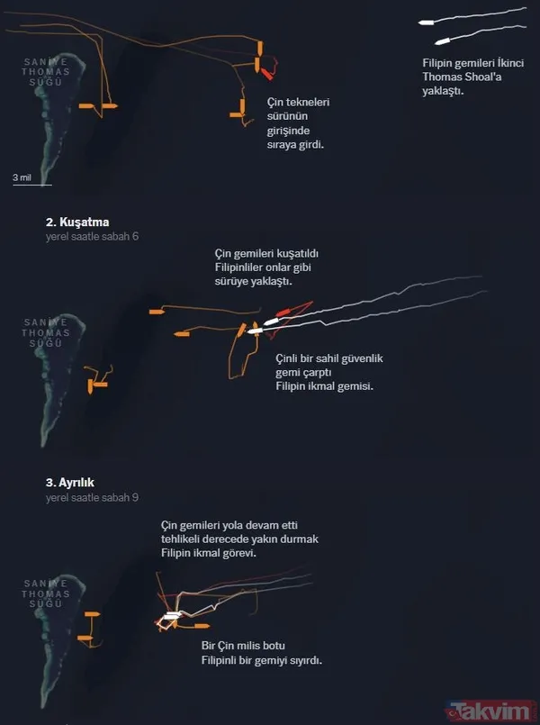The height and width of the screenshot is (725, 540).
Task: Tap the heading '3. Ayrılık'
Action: click(70, 483)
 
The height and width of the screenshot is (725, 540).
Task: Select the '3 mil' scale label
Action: click(22, 177)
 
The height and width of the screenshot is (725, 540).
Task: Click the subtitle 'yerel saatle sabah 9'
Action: click(92, 497)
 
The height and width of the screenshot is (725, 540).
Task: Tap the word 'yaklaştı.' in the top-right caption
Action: click(443, 91)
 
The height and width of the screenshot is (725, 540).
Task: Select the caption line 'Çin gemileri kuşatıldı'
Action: click(266, 254)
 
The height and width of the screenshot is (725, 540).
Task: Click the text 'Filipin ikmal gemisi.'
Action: click(324, 385)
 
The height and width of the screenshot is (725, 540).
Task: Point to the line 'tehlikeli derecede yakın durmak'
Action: click(239, 539)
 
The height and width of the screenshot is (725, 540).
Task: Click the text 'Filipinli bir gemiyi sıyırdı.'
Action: click(261, 660)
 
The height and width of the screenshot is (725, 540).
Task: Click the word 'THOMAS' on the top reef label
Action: click(45, 71)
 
